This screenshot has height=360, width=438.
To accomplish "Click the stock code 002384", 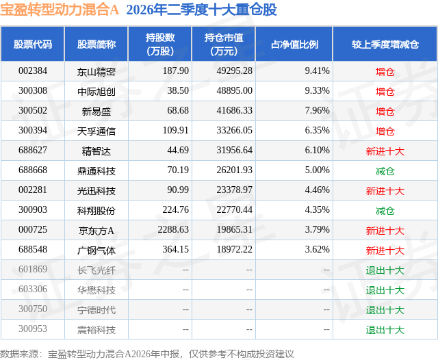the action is (33, 71).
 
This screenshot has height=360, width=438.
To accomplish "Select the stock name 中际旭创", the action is (96, 91).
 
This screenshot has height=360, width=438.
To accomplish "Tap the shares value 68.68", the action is (178, 111).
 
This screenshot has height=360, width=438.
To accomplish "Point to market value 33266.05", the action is (234, 131).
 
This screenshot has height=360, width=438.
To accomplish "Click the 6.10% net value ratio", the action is (317, 151).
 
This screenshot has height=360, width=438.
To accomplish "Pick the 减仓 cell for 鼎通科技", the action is (385, 171).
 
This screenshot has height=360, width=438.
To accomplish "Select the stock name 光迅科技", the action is (96, 191).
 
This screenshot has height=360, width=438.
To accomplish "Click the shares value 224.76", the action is (176, 209).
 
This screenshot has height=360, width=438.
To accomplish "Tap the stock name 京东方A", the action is (96, 231).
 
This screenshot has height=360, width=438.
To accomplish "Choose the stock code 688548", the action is (33, 249).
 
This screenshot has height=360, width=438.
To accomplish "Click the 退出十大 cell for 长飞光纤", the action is (385, 270).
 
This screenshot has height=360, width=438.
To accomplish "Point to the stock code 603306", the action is (33, 289).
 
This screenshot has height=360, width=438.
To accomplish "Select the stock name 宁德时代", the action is (96, 310).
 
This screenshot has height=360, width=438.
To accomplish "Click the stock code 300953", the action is (33, 329).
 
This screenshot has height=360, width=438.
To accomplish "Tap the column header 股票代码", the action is (33, 44).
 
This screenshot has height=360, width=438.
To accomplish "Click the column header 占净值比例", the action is (294, 44).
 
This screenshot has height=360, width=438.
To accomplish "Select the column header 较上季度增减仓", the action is (385, 44).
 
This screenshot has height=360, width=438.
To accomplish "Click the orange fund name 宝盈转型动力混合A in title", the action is (60, 10).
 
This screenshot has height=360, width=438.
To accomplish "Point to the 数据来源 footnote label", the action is (19, 354).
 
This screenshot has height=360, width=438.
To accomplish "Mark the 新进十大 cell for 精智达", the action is (385, 151).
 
